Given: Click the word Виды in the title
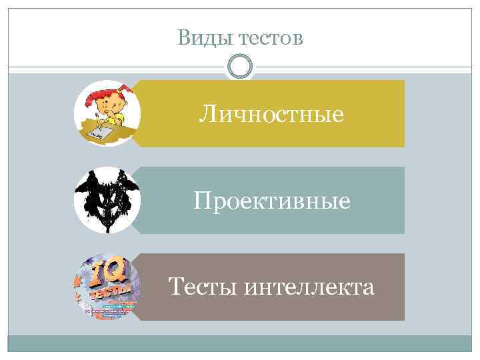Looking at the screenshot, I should point(200,38).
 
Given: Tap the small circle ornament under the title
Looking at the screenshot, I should point(240,67).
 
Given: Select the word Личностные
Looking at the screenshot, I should point(271,115).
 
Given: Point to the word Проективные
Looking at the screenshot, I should point(271,201).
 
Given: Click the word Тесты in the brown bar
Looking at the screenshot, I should point(203,287).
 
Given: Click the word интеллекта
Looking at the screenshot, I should point(309,287).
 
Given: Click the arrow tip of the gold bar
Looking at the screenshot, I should point(133,113).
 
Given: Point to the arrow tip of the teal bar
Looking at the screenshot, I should point(133,200).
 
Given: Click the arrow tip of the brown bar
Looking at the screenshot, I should point(133,287).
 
